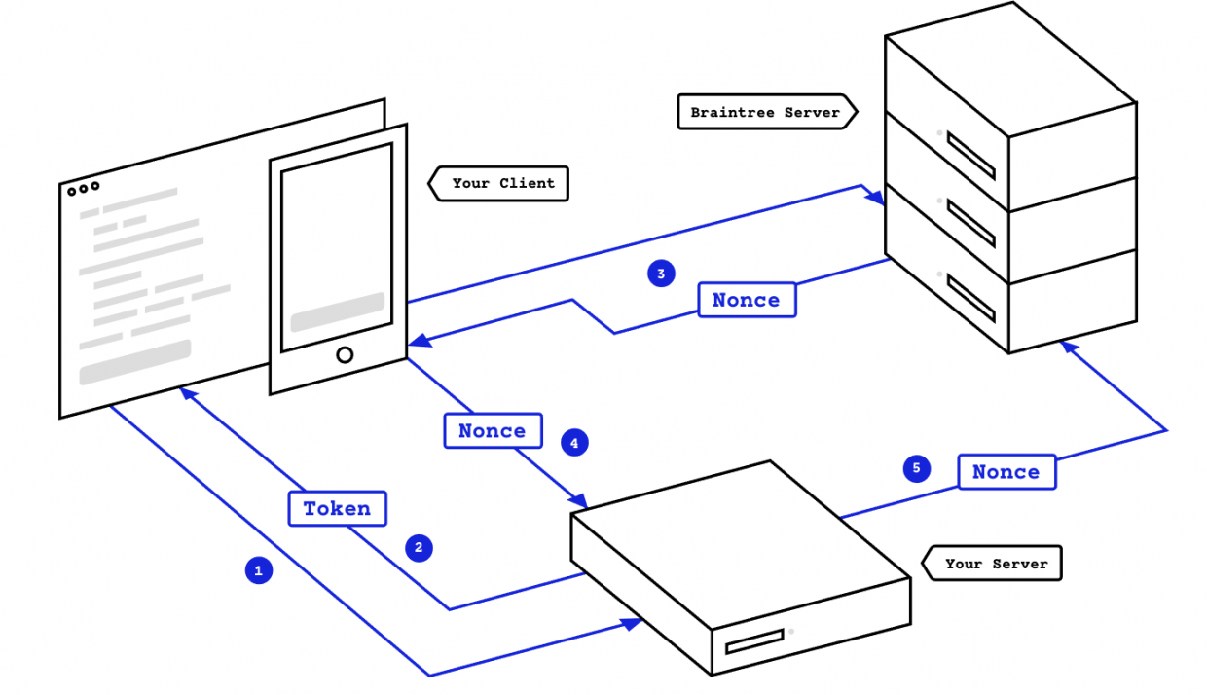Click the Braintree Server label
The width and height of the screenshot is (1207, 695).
pyautogui.click(x=765, y=112)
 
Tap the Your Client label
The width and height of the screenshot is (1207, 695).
pyautogui.click(x=502, y=183)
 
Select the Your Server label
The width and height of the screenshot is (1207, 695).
pyautogui.click(x=996, y=564)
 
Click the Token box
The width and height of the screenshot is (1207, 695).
pyautogui.click(x=337, y=508)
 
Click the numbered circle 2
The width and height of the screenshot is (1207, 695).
pyautogui.click(x=419, y=548)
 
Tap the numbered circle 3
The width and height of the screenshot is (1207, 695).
pyautogui.click(x=661, y=274)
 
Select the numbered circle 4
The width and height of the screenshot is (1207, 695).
pyautogui.click(x=574, y=443)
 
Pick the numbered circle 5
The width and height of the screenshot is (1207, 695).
pyautogui.click(x=916, y=468)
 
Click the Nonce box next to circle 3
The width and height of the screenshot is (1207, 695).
pyautogui.click(x=747, y=300)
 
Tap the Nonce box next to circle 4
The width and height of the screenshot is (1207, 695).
pyautogui.click(x=493, y=430)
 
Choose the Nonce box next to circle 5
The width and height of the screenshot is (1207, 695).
pyautogui.click(x=1006, y=472)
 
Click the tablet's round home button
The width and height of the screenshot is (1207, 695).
pyautogui.click(x=345, y=354)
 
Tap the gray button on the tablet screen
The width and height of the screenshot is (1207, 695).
pyautogui.click(x=337, y=311)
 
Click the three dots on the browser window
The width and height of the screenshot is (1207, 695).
pyautogui.click(x=83, y=189)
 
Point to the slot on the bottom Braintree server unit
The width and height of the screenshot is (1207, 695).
pyautogui.click(x=971, y=299)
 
